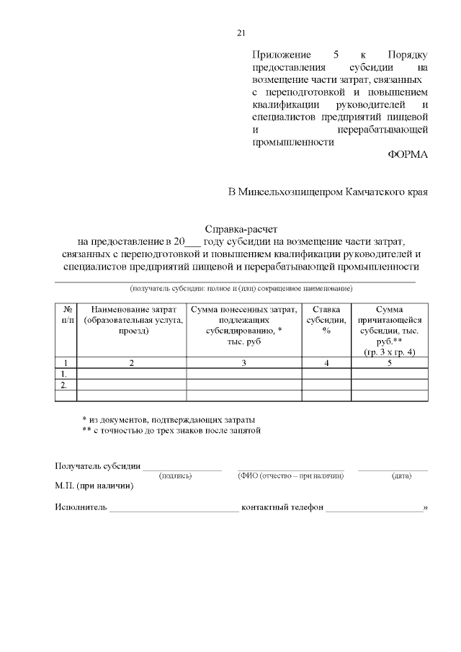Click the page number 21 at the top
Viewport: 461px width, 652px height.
241,32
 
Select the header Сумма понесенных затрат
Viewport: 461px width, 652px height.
243,325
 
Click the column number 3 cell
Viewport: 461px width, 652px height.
243,363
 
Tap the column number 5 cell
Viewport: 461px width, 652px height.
389,363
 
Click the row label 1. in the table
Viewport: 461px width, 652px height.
65,374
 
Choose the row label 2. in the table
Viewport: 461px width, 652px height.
65,385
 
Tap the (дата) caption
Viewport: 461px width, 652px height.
401,475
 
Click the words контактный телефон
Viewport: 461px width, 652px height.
282,507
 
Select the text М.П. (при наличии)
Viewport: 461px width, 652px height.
94,486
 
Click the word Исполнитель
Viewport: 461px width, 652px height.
81,507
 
